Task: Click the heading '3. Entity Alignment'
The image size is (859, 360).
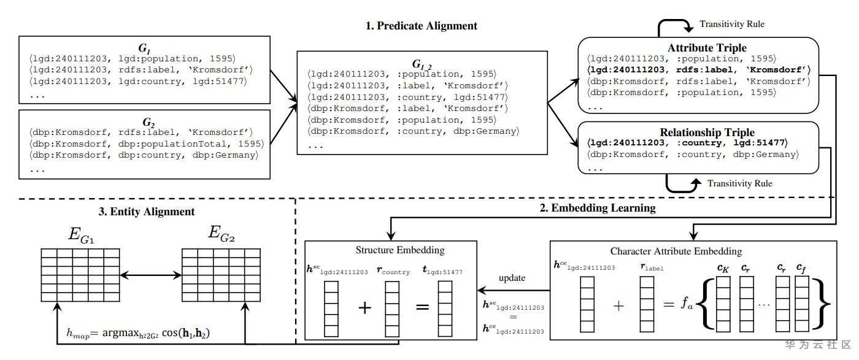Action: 147,212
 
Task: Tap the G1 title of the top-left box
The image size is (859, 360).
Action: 145,47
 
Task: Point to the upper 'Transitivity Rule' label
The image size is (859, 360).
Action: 732,25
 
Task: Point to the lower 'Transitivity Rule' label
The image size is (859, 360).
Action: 739,183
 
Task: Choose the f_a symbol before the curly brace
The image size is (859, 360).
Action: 684,305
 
